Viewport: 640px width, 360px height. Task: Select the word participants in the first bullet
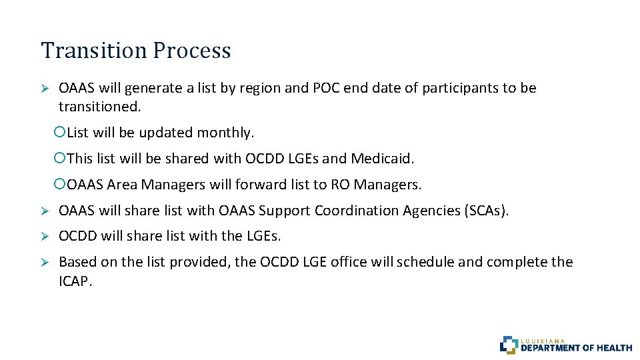click(x=459, y=88)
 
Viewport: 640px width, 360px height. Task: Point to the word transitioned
click(x=99, y=106)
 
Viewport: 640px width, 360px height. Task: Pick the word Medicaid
click(x=383, y=159)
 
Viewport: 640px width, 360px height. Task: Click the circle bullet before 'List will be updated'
click(x=59, y=133)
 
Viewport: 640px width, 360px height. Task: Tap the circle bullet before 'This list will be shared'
click(x=59, y=159)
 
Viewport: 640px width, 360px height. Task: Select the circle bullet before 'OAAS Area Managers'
click(x=59, y=184)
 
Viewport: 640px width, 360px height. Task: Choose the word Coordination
click(x=357, y=211)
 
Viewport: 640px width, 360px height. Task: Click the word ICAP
click(x=75, y=281)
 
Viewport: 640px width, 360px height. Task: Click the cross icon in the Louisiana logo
click(x=509, y=345)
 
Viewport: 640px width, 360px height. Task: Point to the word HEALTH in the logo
click(x=615, y=347)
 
